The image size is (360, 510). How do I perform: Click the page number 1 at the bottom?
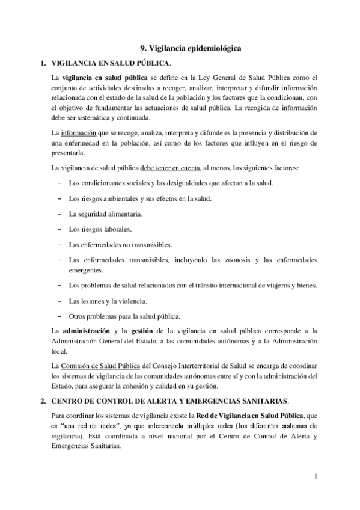[x=316, y=478]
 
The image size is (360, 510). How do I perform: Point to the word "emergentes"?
[x=87, y=270]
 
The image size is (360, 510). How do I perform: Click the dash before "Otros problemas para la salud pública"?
[x=59, y=316]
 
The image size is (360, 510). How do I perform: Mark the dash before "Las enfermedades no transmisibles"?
[x=59, y=245]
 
